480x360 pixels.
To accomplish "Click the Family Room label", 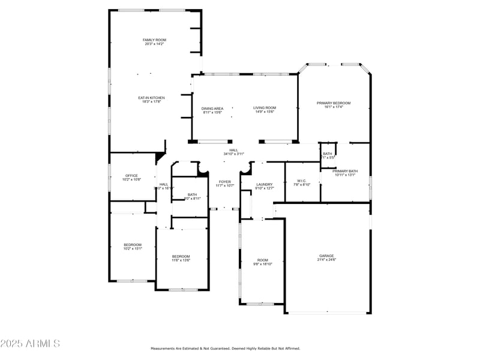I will pyautogui.click(x=154, y=40).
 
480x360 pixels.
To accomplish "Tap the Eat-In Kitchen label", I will pyautogui.click(x=151, y=98).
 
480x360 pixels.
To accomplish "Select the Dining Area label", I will pyautogui.click(x=212, y=108).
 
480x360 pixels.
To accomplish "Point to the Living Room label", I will pyautogui.click(x=265, y=108).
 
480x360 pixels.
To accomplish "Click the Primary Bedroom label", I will pyautogui.click(x=334, y=103).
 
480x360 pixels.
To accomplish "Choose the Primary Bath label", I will pyautogui.click(x=346, y=171).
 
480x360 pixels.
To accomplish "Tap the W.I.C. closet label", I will pyautogui.click(x=301, y=181).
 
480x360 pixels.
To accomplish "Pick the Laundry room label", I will pyautogui.click(x=265, y=184).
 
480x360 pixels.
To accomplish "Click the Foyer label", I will pyautogui.click(x=224, y=182).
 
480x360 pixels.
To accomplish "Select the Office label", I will pyautogui.click(x=131, y=175).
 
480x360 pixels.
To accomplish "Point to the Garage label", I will pyautogui.click(x=326, y=256).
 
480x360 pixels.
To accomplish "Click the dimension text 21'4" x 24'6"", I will pyautogui.click(x=326, y=260).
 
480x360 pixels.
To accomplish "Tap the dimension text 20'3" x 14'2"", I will pyautogui.click(x=154, y=44).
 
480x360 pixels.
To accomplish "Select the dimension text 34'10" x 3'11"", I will pyautogui.click(x=233, y=154).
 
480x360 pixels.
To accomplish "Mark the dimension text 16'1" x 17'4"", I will pyautogui.click(x=334, y=107).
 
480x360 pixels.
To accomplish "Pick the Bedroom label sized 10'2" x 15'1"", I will pyautogui.click(x=133, y=244).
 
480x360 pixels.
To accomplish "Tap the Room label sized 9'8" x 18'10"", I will pyautogui.click(x=263, y=260).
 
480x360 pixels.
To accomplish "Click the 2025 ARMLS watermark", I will pyautogui.click(x=30, y=344).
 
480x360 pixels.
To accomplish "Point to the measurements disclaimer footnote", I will pyautogui.click(x=225, y=348).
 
